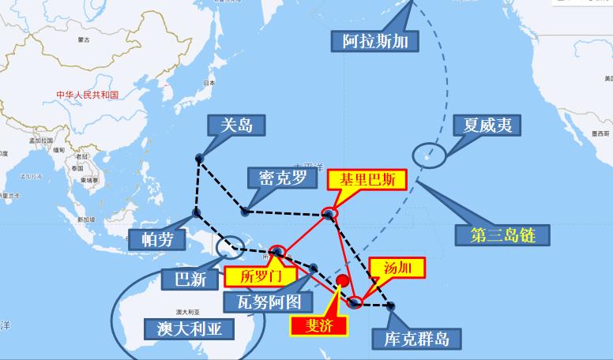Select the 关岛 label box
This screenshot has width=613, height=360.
tap(235, 125)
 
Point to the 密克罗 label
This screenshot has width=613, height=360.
tap(276, 178)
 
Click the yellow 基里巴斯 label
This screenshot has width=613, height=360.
tap(367, 179)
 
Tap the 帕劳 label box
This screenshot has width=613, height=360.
tap(159, 239)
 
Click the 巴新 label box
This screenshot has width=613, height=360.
tap(187, 278)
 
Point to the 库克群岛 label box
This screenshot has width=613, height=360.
tap(411, 338)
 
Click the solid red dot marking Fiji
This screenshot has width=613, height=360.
tap(343, 281)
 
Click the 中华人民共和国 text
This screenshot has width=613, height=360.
tap(87, 95)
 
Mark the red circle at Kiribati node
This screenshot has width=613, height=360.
tap(329, 214)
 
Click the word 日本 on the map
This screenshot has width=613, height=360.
tap(209, 82)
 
